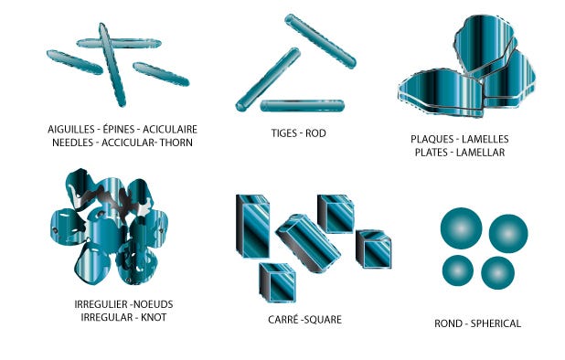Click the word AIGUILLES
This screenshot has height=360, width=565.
click(69, 129)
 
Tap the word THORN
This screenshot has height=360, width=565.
click(176, 143)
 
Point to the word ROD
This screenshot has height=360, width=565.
click(315, 133)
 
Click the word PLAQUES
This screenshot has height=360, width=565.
click(432, 139)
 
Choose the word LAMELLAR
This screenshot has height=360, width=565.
click(480, 153)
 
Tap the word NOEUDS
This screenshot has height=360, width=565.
click(154, 304)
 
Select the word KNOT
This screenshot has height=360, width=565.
click(154, 318)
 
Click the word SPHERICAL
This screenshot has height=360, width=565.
click(496, 323)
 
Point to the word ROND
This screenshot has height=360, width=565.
click(448, 323)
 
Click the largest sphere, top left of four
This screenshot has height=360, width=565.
click(461, 228)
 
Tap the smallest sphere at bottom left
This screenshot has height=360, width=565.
click(458, 270)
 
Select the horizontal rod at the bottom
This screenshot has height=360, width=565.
click(302, 106)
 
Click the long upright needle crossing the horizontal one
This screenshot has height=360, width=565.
click(112, 65)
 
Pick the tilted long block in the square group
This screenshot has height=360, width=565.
click(308, 243)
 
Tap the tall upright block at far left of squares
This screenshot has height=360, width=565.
click(252, 227)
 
